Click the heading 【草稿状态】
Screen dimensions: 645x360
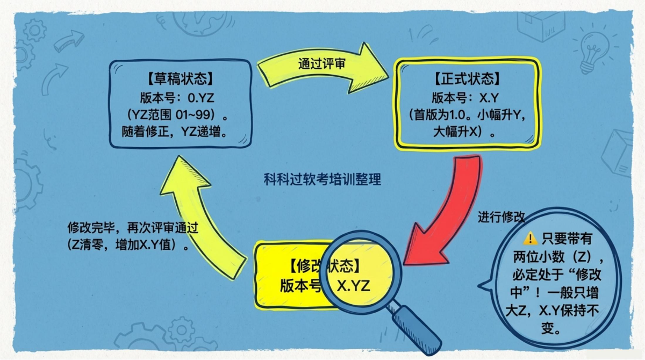[180, 82]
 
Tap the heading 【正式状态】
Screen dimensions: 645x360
[467, 81]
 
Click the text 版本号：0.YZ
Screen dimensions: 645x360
[180, 98]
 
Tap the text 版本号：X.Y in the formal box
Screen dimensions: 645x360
[466, 98]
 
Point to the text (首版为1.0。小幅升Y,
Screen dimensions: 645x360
[466, 114]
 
